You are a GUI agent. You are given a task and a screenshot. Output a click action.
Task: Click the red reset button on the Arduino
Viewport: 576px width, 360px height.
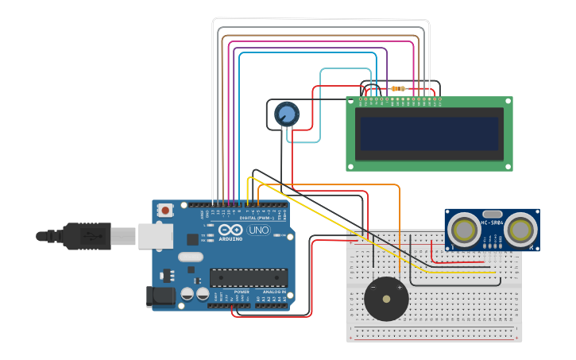click(165, 211)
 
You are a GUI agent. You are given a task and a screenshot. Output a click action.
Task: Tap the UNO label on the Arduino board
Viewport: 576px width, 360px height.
click(259, 230)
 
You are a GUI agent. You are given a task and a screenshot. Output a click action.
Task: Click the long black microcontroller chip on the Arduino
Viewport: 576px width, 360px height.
click(248, 277)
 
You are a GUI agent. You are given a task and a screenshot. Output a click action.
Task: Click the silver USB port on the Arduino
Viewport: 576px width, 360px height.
click(155, 235)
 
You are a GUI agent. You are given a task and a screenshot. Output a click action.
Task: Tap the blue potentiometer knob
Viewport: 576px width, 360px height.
click(287, 115)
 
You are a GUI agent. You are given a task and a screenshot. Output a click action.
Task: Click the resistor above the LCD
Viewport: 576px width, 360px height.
click(397, 88)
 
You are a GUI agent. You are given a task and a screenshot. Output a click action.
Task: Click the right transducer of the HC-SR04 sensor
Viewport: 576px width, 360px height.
click(522, 230)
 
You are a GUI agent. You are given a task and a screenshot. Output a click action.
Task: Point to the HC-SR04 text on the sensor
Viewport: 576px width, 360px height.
click(492, 223)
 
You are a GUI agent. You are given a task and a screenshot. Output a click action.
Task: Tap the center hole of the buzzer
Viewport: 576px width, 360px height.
click(386, 300)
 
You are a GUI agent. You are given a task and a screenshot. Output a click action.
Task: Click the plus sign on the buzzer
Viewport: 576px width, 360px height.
click(399, 288)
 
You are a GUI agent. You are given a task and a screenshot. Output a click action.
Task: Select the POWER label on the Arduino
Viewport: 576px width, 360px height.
click(242, 292)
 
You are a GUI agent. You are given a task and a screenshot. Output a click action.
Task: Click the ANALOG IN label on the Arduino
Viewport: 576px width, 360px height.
click(273, 292)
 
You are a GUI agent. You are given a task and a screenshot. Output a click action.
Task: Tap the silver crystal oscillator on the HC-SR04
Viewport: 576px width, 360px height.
click(492, 214)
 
